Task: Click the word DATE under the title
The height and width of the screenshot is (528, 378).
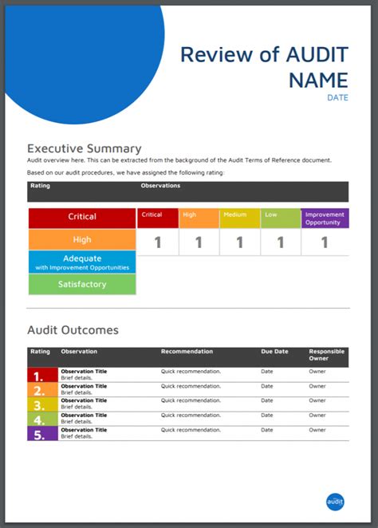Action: coord(337,97)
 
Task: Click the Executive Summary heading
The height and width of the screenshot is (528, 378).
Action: coord(85,148)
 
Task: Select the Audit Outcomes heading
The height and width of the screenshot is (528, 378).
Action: coord(73,330)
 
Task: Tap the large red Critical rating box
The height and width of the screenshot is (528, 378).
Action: coord(82,219)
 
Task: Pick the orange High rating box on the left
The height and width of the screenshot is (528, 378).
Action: coord(82,239)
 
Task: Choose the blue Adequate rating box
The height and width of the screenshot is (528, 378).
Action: coord(82,262)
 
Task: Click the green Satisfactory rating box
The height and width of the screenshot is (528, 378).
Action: coord(82,284)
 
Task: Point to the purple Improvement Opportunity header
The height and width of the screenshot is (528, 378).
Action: coord(325,219)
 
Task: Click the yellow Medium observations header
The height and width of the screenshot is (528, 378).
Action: coord(240,219)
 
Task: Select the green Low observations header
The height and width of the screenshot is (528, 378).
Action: coord(281,219)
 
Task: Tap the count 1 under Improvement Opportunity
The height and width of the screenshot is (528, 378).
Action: coord(325,242)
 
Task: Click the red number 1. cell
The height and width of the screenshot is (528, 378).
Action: coord(42,375)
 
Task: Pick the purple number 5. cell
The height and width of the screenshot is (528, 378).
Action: coord(42,433)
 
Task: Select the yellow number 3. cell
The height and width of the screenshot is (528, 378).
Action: coord(42,404)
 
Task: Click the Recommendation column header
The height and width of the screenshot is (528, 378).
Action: coord(187,351)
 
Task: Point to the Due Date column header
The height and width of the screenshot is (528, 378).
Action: coord(274,351)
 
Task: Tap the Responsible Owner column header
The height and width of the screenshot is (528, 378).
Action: coord(326,355)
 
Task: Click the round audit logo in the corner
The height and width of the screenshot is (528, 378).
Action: coord(335,502)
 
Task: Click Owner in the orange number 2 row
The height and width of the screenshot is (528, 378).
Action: coord(317,386)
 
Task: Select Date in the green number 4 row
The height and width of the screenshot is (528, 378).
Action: coord(267,416)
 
